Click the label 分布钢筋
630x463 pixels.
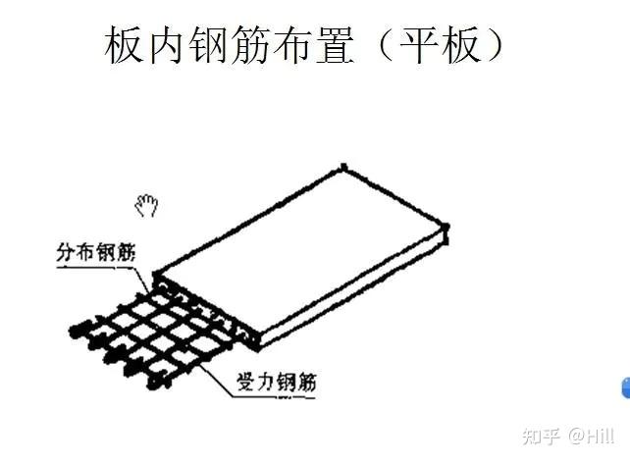pyautogui.click(x=94, y=253)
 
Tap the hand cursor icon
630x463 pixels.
pyautogui.click(x=147, y=205)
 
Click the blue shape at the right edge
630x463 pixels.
pyautogui.click(x=625, y=387)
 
